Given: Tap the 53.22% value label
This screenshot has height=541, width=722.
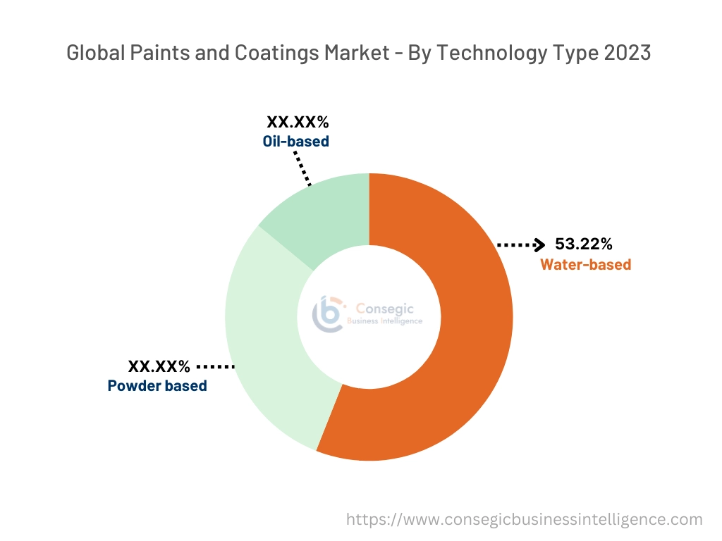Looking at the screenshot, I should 584,244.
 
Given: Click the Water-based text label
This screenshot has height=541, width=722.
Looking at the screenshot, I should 585,265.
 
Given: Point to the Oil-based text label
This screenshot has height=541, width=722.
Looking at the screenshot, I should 296,141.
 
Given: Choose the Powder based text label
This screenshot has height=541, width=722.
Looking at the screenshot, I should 157,386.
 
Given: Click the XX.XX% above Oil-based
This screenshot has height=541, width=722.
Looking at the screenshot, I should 298,122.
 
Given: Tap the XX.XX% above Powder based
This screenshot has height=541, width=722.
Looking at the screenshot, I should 159,366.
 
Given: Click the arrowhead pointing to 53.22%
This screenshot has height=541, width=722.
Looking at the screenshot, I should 539,244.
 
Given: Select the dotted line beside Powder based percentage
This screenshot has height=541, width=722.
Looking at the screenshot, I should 215,366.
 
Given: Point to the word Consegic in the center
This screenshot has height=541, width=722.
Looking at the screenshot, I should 385,309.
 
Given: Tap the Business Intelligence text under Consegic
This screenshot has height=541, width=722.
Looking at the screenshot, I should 385,321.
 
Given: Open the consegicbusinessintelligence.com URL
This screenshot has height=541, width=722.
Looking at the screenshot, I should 525,520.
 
